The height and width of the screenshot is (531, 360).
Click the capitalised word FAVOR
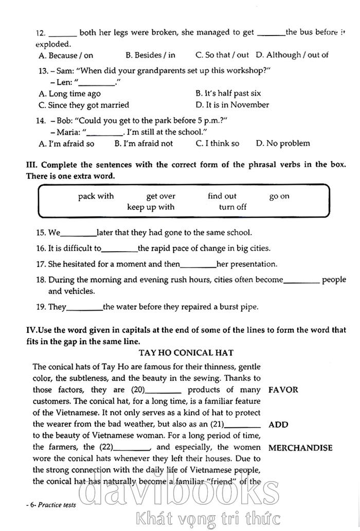[283, 390]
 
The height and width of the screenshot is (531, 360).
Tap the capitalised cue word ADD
[278, 424]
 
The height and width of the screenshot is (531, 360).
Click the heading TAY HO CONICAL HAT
[186, 352]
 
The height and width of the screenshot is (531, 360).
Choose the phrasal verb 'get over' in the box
[160, 196]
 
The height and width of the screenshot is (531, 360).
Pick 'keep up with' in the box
[151, 207]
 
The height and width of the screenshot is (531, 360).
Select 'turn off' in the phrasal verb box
[232, 207]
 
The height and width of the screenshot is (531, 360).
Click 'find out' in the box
[222, 196]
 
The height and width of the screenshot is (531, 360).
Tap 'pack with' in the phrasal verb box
[96, 196]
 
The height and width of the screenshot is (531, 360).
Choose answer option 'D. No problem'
[283, 144]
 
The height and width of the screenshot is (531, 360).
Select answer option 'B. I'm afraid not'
[143, 144]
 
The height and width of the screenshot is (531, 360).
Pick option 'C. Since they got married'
[84, 105]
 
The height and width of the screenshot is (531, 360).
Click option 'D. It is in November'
[232, 105]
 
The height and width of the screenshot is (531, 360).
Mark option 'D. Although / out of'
[292, 55]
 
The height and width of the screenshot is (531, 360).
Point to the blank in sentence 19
[85, 308]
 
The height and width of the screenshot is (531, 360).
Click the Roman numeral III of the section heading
[30, 165]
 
